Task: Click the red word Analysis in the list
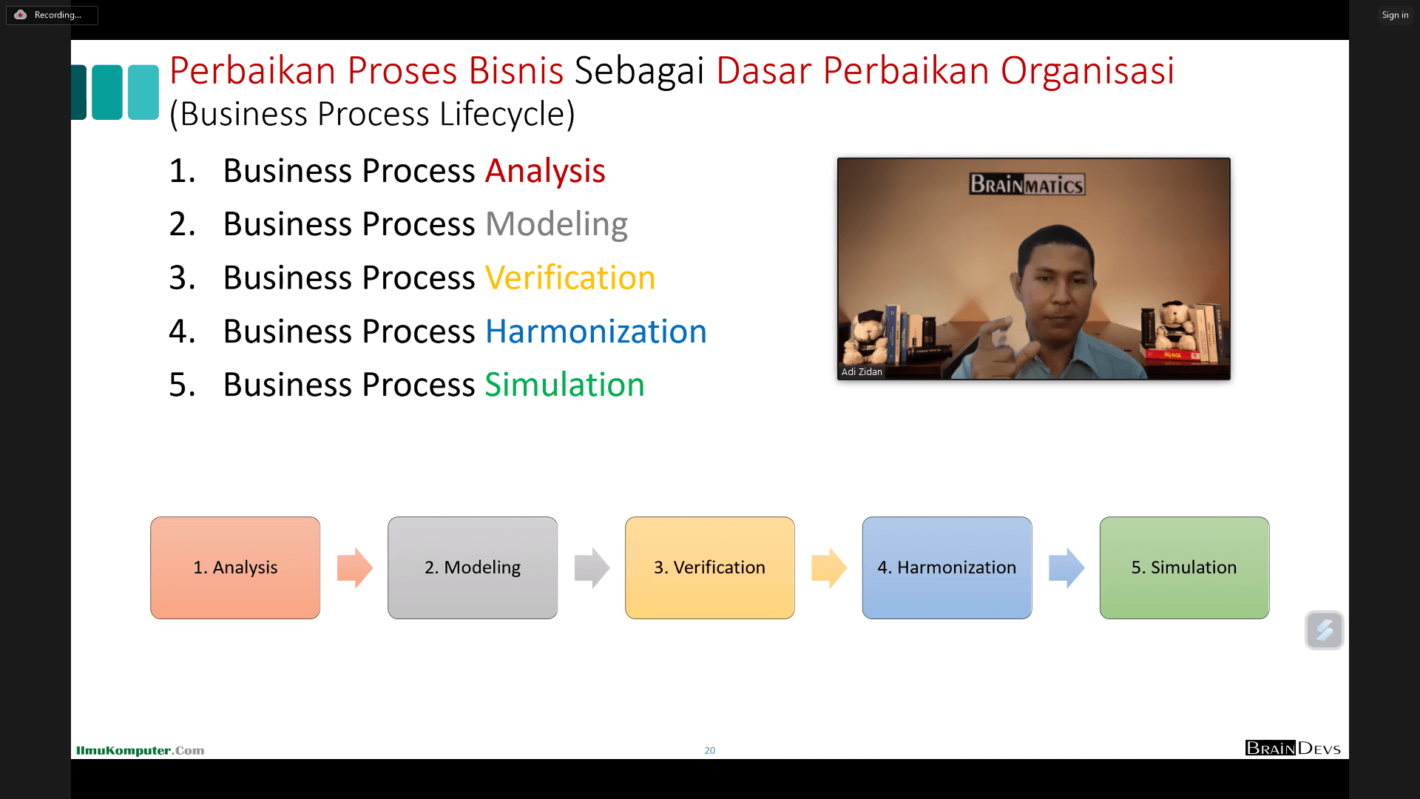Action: tap(545, 171)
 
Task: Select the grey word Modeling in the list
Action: tap(556, 224)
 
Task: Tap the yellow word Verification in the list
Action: tap(570, 278)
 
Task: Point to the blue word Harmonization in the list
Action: tap(596, 331)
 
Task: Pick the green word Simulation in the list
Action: tap(564, 385)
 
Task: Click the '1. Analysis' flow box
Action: tap(235, 567)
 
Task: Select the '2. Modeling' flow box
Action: tap(473, 567)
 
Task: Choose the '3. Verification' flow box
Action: tap(710, 567)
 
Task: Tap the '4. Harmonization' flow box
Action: tap(947, 567)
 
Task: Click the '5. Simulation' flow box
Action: tap(1184, 567)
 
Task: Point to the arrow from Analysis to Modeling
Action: tap(355, 568)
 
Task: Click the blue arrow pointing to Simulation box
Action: tap(1066, 568)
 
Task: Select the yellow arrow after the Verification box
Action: tap(829, 568)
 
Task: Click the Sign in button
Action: tap(1395, 15)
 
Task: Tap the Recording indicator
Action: tap(52, 15)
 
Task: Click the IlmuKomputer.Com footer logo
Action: tap(140, 750)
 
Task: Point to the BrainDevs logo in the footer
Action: tap(1293, 748)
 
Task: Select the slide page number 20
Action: tap(710, 750)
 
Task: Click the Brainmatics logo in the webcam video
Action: tap(1027, 183)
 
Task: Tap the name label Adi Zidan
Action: tap(862, 372)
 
